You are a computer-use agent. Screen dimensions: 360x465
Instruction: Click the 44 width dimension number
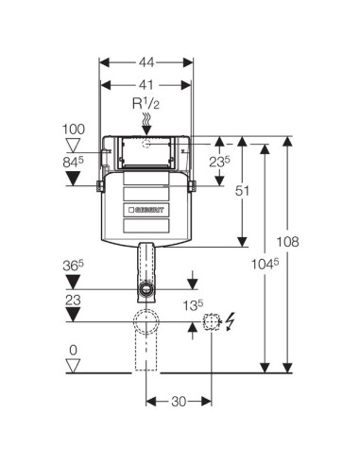coord(146,62)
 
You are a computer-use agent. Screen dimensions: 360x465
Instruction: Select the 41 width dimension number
coord(146,85)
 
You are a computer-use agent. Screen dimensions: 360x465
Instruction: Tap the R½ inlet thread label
coord(146,104)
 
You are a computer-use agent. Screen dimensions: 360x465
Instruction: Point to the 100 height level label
coord(74,129)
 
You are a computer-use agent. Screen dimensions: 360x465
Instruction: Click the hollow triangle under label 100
coord(74,145)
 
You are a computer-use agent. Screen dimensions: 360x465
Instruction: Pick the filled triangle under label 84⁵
coord(74,179)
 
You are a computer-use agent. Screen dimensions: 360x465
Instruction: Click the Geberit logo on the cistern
coord(146,210)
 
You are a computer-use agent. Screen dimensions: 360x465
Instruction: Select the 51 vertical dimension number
coord(242,191)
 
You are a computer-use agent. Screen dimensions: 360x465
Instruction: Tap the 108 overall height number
coord(287,242)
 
